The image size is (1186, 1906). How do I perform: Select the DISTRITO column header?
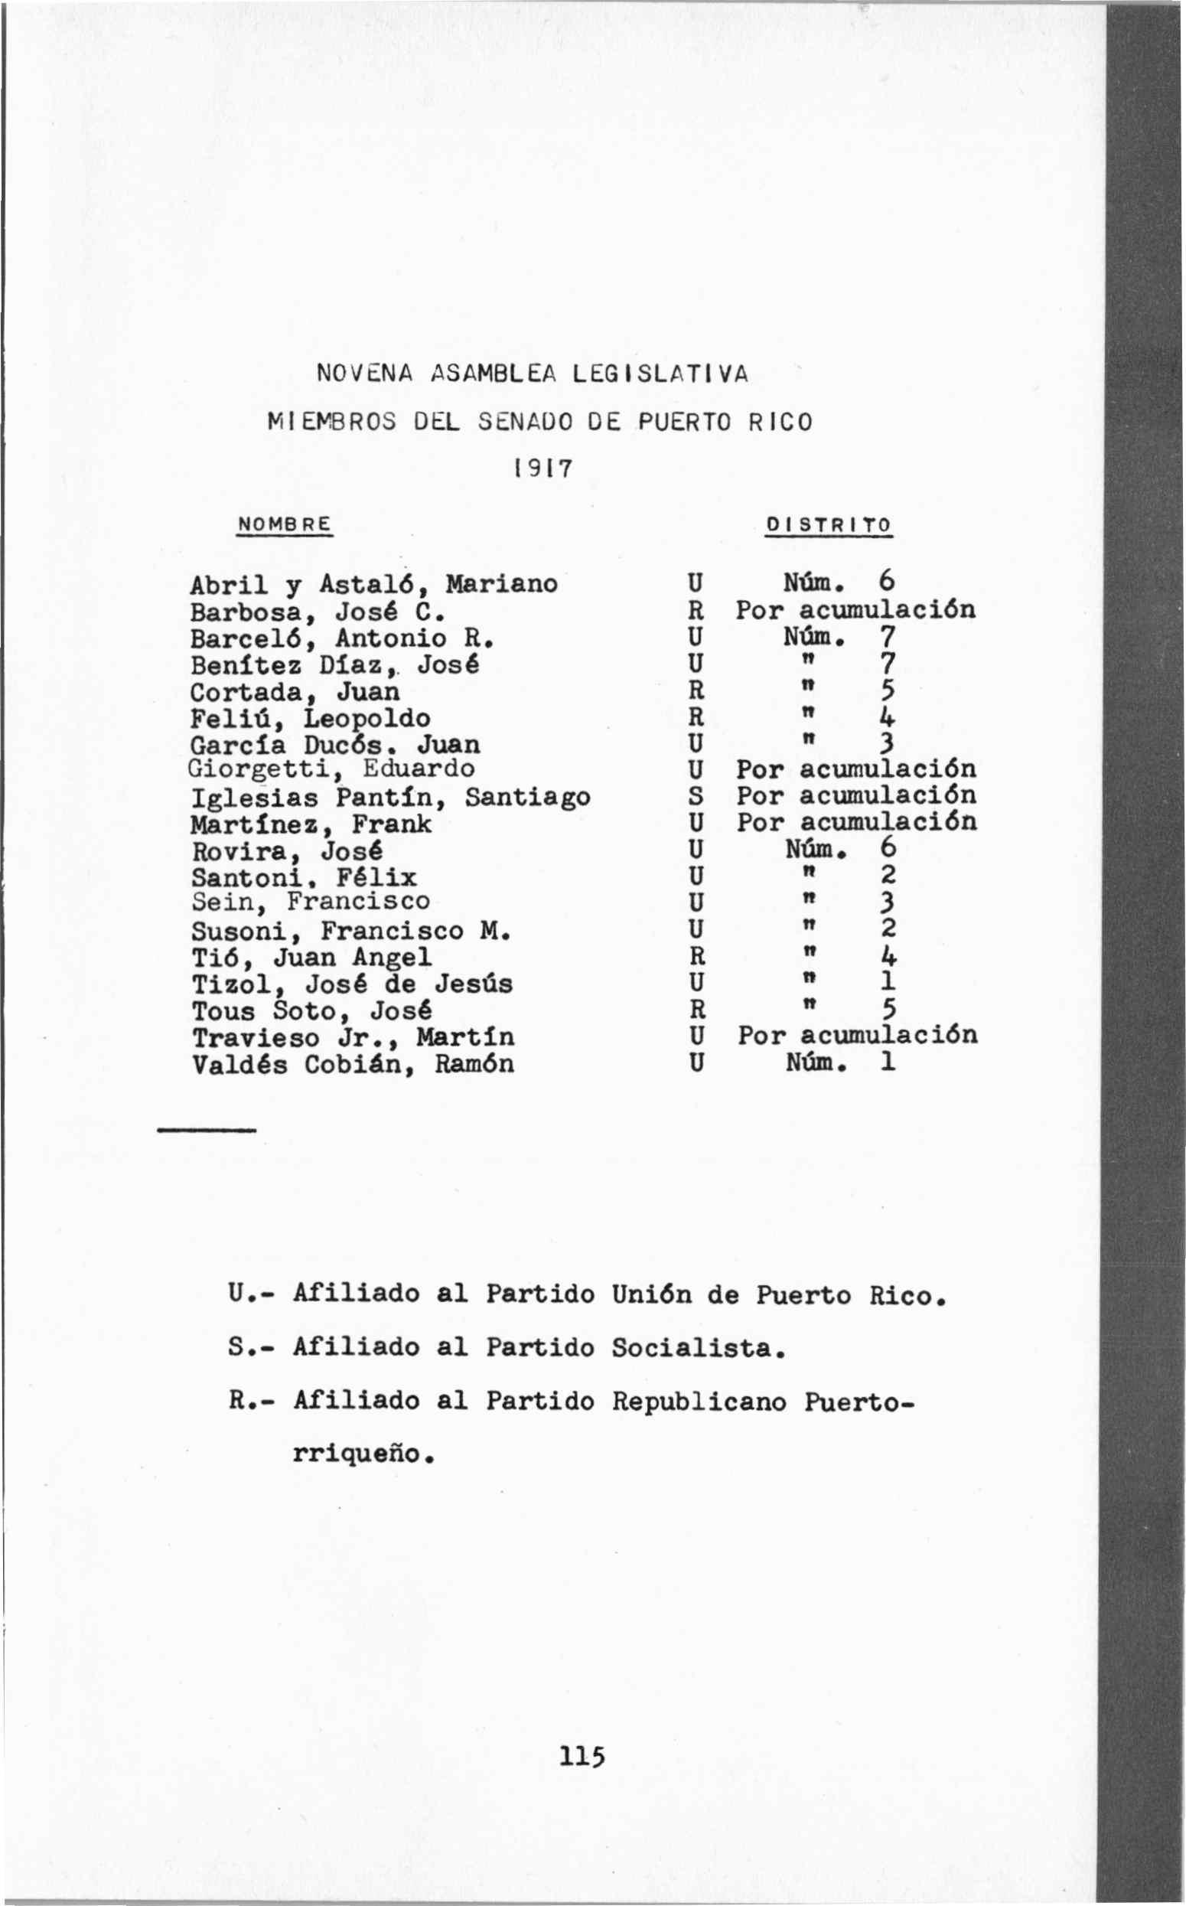click(x=829, y=524)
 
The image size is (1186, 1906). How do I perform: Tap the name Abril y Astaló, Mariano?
click(x=374, y=585)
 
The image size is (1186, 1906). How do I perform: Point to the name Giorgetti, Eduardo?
click(x=332, y=768)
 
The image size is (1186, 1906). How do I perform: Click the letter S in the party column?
click(x=695, y=796)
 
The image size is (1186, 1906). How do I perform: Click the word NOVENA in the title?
click(x=364, y=374)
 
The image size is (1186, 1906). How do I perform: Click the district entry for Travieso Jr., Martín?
click(x=857, y=1036)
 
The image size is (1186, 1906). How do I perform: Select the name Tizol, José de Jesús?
click(x=352, y=984)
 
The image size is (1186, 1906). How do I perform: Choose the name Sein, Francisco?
click(x=311, y=901)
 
